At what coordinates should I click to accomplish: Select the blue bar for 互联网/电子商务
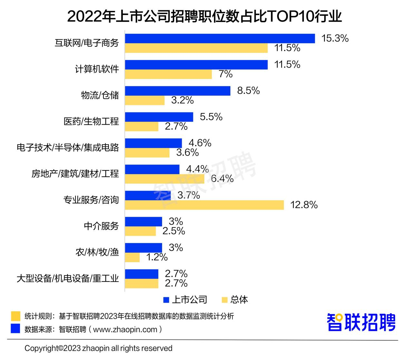(x=220, y=38)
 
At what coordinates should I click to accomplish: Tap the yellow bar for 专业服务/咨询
(x=204, y=205)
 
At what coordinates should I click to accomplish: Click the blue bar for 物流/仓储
(x=178, y=91)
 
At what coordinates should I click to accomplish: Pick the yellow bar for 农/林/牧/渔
(x=132, y=257)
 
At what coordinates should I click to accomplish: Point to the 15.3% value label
(x=335, y=38)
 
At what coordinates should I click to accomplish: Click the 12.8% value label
(x=304, y=205)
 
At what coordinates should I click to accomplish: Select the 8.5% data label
(x=248, y=91)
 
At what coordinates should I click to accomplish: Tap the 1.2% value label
(x=157, y=257)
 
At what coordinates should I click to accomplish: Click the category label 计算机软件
(x=97, y=69)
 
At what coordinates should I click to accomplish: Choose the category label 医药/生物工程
(x=91, y=121)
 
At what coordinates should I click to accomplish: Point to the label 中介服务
(x=101, y=226)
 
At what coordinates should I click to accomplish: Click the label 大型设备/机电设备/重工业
(x=68, y=278)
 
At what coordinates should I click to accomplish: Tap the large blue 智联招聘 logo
(x=361, y=322)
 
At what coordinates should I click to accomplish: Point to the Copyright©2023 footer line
(x=98, y=348)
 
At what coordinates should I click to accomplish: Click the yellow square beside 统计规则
(x=15, y=316)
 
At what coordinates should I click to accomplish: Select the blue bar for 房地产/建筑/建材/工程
(x=152, y=169)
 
